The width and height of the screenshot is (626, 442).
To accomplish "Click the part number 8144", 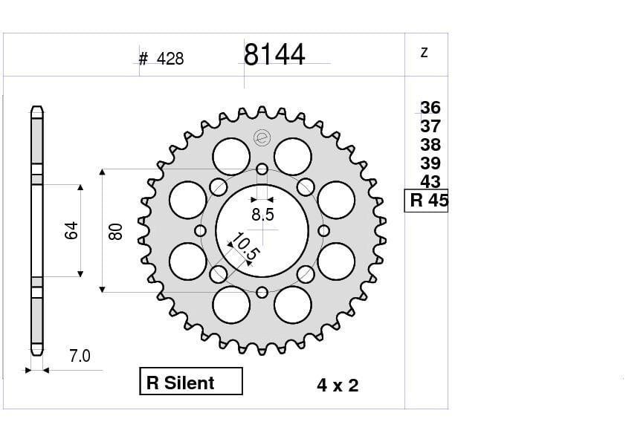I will pyautogui.click(x=274, y=55).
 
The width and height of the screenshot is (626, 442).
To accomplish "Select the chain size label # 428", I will pyautogui.click(x=161, y=59).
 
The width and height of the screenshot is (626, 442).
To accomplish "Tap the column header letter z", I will pyautogui.click(x=424, y=53).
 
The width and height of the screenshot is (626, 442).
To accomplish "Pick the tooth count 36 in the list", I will pyautogui.click(x=430, y=108).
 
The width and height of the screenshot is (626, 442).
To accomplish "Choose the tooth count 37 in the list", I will pyautogui.click(x=430, y=126).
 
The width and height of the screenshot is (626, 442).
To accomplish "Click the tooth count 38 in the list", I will pyautogui.click(x=430, y=145).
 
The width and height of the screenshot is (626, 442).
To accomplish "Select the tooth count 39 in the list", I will pyautogui.click(x=430, y=163).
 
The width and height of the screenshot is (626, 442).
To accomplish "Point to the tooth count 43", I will pyautogui.click(x=430, y=181).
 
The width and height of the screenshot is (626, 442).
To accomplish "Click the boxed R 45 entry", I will pyautogui.click(x=427, y=201).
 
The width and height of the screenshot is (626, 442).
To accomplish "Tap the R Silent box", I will pyautogui.click(x=191, y=382).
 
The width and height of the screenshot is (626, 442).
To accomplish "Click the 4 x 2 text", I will pyautogui.click(x=338, y=385).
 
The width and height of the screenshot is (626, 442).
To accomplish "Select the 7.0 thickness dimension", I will pyautogui.click(x=80, y=357).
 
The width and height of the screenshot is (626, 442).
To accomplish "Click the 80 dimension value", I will pyautogui.click(x=115, y=230).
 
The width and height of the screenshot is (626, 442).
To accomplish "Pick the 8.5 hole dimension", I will pyautogui.click(x=262, y=215).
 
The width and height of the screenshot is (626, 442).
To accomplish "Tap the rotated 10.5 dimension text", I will pyautogui.click(x=244, y=247).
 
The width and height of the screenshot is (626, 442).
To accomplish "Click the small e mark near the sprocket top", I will pyautogui.click(x=261, y=137).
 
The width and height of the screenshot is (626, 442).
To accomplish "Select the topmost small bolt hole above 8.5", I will pyautogui.click(x=262, y=169).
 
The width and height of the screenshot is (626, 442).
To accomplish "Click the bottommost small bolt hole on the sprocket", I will pyautogui.click(x=262, y=292).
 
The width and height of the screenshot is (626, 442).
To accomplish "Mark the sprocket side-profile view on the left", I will pyautogui.click(x=37, y=230).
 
